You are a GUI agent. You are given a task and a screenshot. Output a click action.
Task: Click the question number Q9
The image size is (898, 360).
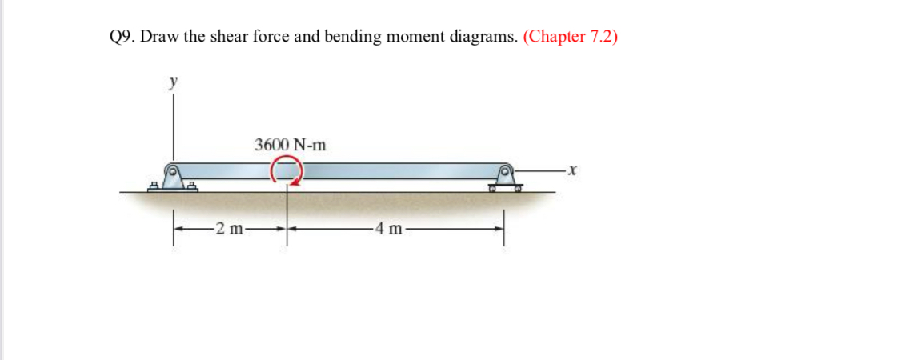(x=121, y=38)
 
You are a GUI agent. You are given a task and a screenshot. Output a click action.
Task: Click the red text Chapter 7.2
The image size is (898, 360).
(x=570, y=38)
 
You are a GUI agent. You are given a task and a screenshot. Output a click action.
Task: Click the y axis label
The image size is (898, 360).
(x=171, y=82)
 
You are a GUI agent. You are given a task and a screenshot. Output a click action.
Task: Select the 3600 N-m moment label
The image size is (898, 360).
(x=291, y=145)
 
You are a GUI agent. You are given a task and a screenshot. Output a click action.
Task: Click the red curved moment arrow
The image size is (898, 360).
(x=287, y=170)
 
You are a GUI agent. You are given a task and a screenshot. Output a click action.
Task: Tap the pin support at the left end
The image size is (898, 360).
(x=172, y=178)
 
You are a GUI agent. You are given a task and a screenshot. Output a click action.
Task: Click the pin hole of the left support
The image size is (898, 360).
(x=172, y=170)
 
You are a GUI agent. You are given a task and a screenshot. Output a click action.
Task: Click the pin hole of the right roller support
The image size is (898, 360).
(x=506, y=170)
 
